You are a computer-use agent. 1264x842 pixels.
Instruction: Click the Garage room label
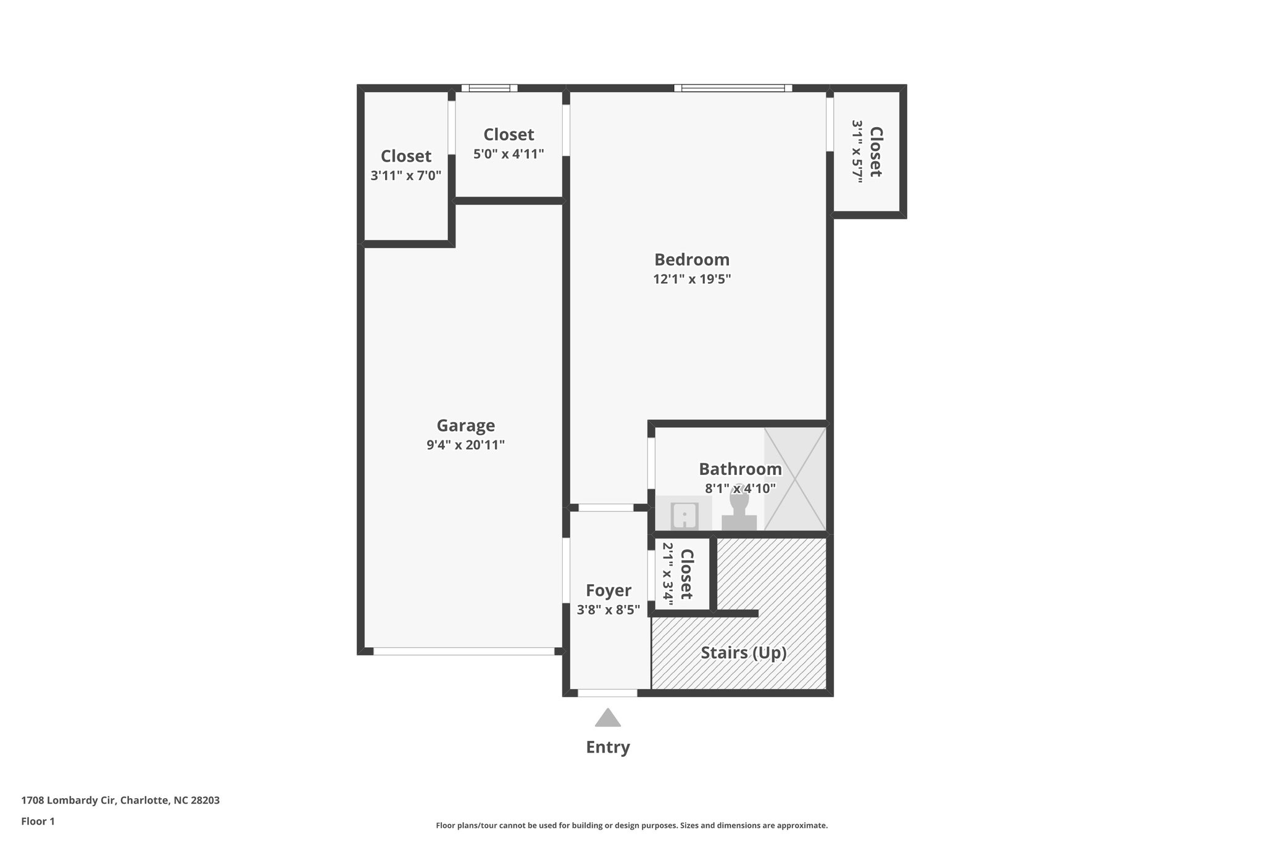point(465,426)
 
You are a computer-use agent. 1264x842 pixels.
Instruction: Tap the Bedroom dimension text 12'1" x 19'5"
point(692,279)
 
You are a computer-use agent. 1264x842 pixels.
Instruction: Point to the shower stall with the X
point(795,479)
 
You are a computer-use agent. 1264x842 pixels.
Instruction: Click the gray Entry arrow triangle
point(608,718)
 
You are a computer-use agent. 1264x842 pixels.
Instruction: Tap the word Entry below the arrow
point(608,748)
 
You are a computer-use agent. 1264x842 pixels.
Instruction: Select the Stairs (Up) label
point(743,653)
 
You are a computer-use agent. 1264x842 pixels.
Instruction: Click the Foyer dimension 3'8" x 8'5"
point(608,610)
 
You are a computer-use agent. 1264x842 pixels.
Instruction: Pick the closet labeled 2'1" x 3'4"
point(678,574)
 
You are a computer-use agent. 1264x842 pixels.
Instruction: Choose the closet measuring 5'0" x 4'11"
point(509,144)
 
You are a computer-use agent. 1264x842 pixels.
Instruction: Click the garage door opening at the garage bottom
point(464,651)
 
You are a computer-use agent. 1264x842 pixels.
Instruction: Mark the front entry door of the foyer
point(607,693)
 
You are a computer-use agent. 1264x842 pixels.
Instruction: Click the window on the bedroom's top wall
point(733,88)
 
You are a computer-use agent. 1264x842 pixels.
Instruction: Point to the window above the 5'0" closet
point(489,88)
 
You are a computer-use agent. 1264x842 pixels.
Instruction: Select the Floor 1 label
point(38,821)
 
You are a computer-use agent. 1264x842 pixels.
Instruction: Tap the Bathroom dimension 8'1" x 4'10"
point(740,489)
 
